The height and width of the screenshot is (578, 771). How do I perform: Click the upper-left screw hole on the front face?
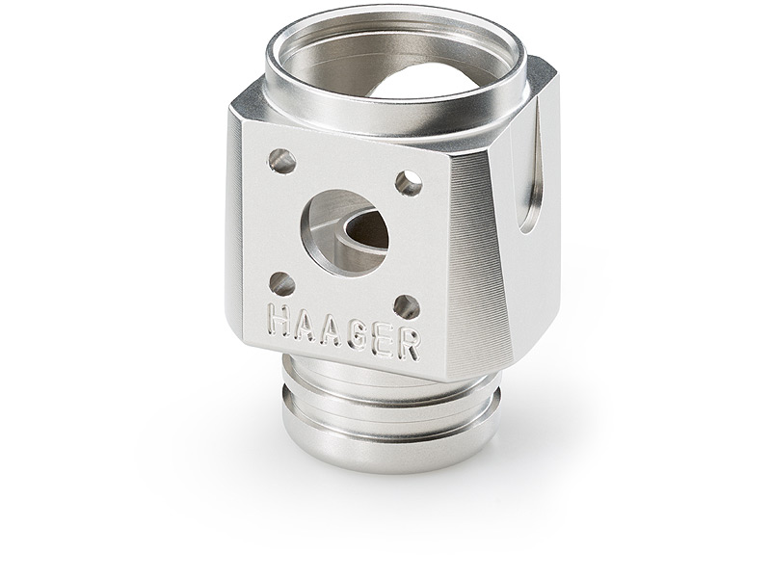click(x=281, y=161)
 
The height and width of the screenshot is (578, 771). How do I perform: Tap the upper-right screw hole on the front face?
click(x=409, y=184)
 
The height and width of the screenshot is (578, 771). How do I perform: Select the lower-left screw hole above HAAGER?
click(x=282, y=284)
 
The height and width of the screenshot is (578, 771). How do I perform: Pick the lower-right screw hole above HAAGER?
click(x=407, y=307)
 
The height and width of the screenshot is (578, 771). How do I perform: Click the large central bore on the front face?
click(x=345, y=232)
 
